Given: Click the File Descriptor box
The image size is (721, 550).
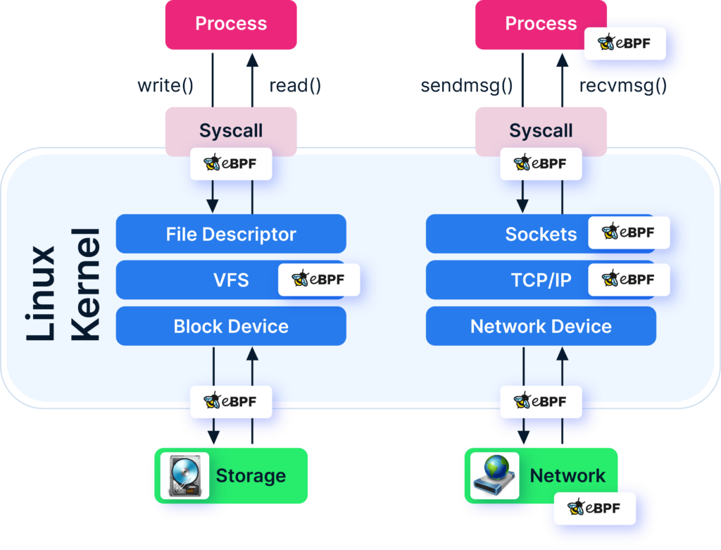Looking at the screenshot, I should click(x=231, y=234).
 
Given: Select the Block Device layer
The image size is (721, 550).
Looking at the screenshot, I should click(x=231, y=327).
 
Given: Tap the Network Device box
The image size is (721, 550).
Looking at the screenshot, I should click(x=541, y=327).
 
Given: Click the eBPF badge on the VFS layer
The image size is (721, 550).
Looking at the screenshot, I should click(x=319, y=280).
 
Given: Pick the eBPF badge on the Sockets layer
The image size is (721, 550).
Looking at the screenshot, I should click(x=629, y=233).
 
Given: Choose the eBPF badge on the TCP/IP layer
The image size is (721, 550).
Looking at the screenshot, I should click(x=629, y=280).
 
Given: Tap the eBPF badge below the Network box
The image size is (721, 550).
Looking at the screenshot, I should click(x=594, y=508).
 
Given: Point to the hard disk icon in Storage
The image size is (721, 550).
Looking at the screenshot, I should click(x=185, y=476).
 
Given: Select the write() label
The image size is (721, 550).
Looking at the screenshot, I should click(x=165, y=87).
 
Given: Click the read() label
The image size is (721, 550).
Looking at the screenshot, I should click(x=295, y=87).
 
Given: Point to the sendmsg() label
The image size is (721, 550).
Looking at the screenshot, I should click(x=466, y=87).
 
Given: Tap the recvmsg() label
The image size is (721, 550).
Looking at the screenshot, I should click(x=622, y=87).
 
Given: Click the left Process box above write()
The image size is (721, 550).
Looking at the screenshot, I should click(x=231, y=24).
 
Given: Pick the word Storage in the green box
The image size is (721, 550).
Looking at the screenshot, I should click(x=251, y=476).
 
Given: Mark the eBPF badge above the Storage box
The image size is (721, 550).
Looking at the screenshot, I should click(x=231, y=402).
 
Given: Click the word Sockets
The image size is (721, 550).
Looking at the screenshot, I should click(x=541, y=234).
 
